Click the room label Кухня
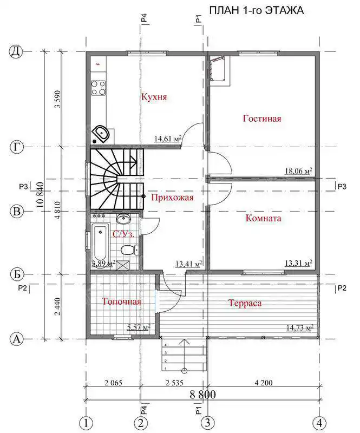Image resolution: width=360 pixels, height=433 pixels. coord(154,97)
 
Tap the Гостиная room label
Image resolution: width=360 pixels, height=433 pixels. coord(262,119)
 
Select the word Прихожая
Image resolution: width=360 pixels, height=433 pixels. coord(172,198)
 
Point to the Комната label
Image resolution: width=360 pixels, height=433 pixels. coord(263,218)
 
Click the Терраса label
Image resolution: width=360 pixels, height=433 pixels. coord(245,303)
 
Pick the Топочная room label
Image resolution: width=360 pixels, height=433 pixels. coord(122,301)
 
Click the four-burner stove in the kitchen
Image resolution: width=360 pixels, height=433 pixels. coord(99,88)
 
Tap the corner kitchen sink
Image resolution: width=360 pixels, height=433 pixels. coord(101,134)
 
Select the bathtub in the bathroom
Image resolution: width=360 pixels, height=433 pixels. coord(99,241)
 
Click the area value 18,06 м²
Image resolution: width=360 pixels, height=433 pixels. coord(299,171)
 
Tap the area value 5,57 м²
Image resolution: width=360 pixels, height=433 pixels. coord(139,328)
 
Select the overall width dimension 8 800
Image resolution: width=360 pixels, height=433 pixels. coord(202,395)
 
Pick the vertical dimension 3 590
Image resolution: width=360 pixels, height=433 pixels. coord(57,99)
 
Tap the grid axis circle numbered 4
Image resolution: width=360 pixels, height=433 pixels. coord(319,423)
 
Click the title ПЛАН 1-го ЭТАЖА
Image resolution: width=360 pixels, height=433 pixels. coord(257,10)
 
